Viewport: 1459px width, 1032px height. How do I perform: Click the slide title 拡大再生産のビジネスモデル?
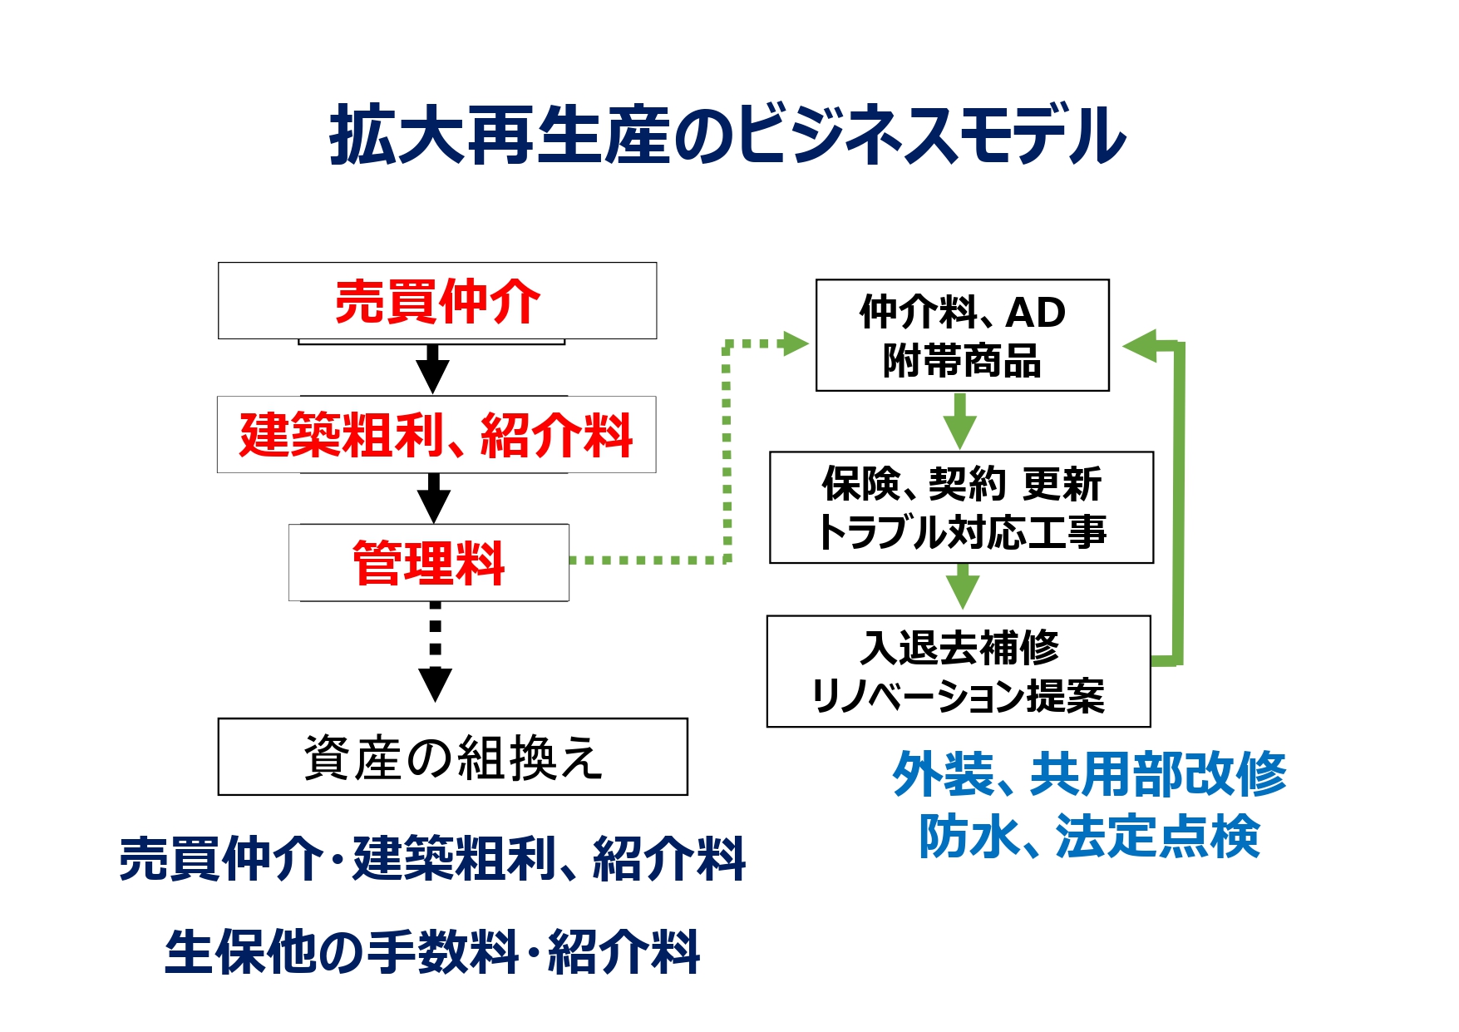click(727, 135)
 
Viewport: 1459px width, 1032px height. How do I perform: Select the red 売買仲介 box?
click(437, 301)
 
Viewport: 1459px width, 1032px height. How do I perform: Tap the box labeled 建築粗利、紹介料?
click(436, 435)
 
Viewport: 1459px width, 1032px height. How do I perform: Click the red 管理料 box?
click(429, 562)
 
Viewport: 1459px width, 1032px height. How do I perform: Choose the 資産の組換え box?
click(453, 757)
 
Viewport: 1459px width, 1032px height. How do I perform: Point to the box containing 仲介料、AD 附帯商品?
click(963, 335)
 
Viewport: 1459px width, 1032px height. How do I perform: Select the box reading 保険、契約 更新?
click(962, 507)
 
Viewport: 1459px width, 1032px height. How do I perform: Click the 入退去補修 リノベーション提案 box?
click(959, 671)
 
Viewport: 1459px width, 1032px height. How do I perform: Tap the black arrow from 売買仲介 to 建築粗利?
click(432, 368)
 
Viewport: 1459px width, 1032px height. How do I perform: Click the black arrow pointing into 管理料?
click(433, 498)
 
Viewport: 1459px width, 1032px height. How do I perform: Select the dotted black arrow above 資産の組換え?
click(435, 651)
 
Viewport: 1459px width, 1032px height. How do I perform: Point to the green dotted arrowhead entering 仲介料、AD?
click(796, 343)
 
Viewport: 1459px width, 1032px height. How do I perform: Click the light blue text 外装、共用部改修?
click(1089, 774)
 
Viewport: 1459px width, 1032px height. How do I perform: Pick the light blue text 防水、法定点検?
click(1089, 836)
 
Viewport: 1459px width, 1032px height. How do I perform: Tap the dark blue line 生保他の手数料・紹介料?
click(432, 952)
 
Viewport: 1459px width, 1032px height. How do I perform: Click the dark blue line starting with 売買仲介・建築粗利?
click(432, 859)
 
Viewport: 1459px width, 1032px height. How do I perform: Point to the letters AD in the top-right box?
click(1036, 313)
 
